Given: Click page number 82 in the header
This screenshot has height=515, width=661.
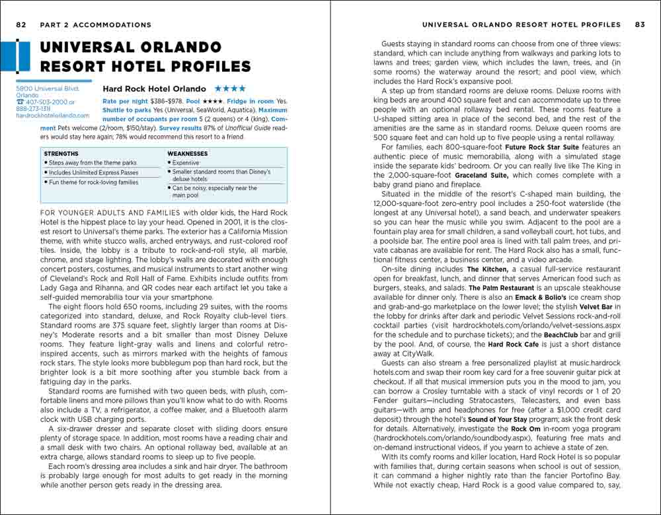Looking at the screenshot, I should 21,25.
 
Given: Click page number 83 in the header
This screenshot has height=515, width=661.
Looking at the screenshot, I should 639,25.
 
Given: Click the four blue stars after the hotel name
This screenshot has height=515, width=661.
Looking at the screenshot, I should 229,88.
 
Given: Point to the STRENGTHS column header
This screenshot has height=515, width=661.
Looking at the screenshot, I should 61,154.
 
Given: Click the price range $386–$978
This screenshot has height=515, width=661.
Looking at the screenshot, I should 163,101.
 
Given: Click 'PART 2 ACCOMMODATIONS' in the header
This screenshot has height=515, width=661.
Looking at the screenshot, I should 95,25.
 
